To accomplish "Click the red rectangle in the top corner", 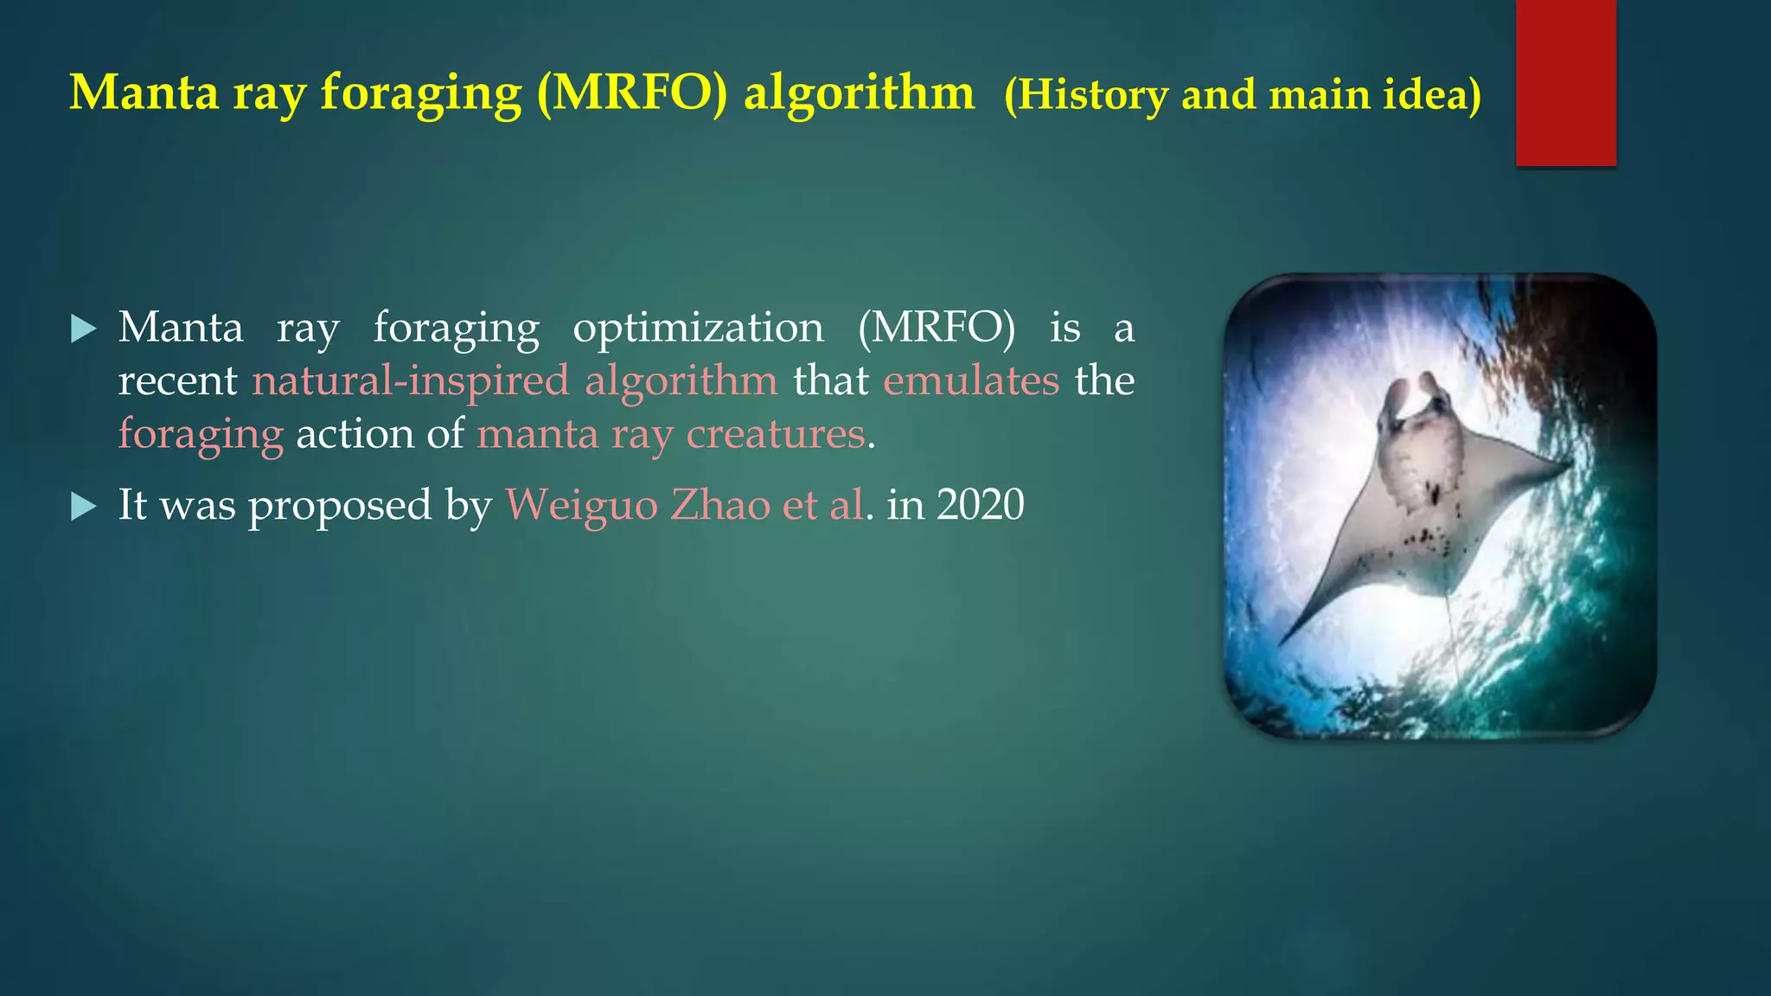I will (1565, 82).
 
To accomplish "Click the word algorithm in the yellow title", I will (859, 93).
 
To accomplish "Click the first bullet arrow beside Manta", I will (83, 329).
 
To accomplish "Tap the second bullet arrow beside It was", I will (83, 507).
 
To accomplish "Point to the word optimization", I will (698, 329).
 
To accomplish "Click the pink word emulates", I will (970, 381).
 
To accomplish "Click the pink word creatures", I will (775, 434).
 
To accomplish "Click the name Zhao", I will (719, 505).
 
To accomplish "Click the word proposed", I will (340, 507).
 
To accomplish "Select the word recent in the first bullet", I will (177, 381).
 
